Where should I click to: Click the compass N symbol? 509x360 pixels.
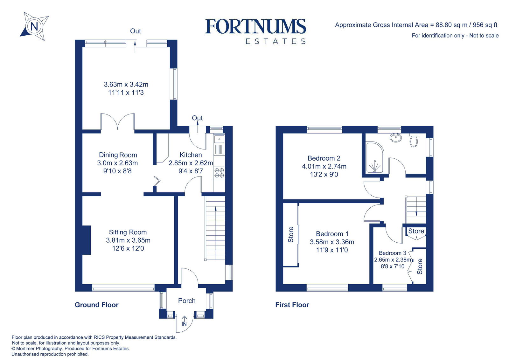point(34,26)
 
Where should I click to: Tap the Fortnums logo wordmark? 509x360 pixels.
point(255,27)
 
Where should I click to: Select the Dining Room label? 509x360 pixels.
point(118,155)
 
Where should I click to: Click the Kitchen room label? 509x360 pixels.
point(191,155)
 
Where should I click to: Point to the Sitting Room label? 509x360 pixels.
point(128,232)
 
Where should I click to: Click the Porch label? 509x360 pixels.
point(187,301)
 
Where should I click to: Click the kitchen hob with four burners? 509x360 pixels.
point(219,173)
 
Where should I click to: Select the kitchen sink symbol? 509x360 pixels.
point(219,139)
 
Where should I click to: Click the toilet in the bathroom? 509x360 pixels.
point(414,140)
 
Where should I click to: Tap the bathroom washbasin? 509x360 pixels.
point(395,138)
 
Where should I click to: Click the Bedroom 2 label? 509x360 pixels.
point(324,158)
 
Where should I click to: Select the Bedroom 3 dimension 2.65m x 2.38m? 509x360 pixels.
point(393,260)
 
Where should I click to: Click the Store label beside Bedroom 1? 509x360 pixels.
point(291,234)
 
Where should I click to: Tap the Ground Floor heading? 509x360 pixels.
point(96,305)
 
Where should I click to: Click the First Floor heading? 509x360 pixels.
point(292,305)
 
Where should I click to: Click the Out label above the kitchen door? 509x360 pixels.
point(197,118)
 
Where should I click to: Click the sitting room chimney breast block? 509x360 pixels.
point(87,240)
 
